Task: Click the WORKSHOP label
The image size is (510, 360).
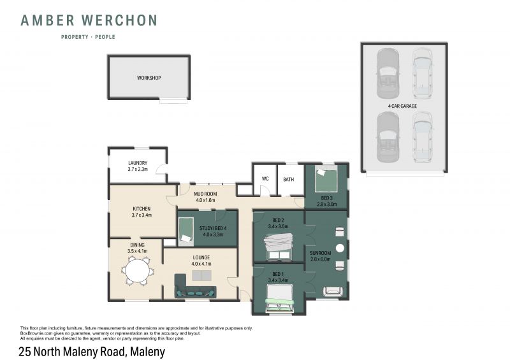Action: point(149,78)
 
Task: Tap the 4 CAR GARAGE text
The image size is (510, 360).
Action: point(402,106)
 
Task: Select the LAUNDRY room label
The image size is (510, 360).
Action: point(138,163)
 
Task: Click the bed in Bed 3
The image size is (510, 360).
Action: point(326,179)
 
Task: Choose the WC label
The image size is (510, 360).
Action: point(265,179)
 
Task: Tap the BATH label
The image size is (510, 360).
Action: point(289,179)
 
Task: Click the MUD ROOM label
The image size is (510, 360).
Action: point(205,194)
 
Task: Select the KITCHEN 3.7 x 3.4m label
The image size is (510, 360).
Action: point(142,212)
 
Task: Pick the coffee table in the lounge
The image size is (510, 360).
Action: point(201,275)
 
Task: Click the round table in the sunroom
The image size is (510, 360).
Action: point(340,248)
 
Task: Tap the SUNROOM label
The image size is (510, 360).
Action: point(321,253)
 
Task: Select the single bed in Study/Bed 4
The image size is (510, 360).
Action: point(186,231)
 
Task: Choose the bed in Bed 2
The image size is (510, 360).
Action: point(279,247)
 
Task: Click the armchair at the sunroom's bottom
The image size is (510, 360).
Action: point(332,291)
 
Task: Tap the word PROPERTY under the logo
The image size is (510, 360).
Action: point(75,37)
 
